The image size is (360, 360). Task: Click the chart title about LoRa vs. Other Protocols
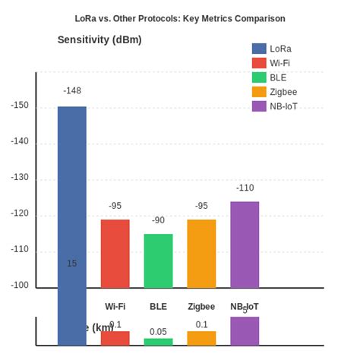coord(180,18)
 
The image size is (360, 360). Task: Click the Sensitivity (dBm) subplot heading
coord(99,39)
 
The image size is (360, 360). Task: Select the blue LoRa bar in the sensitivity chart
coord(72,197)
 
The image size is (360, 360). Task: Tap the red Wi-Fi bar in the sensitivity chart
coord(115,254)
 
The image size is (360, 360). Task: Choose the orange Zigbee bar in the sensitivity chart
coord(201,254)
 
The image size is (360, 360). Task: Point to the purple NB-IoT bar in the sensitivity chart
coord(245,245)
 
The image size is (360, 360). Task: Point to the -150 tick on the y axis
coord(20,106)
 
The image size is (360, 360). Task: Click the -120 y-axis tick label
coord(20,214)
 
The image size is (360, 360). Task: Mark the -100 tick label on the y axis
coord(20,286)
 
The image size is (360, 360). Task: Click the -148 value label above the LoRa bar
coord(72,91)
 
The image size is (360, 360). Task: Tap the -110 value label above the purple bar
coord(245,188)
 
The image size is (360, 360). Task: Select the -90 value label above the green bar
coord(158,220)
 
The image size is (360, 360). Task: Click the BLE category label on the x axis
coord(158,307)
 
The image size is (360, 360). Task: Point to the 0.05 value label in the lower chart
coord(158,332)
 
